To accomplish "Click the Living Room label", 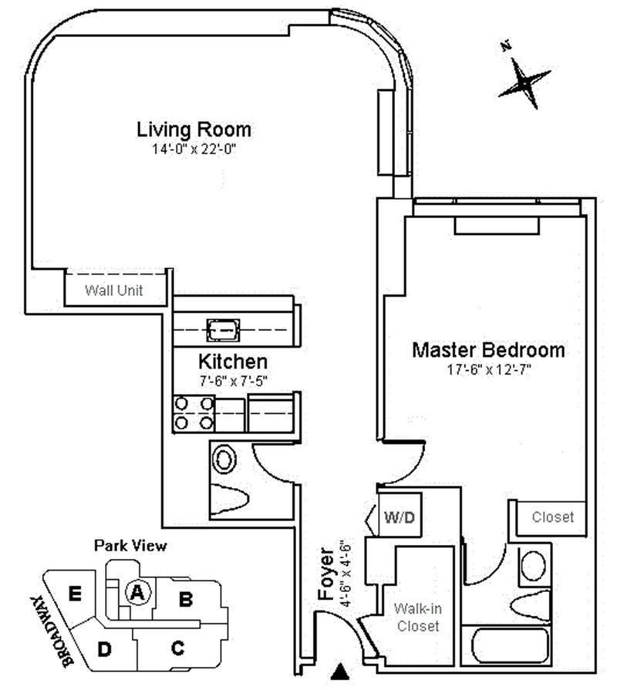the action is point(194,129).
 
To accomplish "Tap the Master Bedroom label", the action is point(488,350).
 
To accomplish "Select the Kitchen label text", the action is point(233,361).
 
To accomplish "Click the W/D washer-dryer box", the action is point(400,517).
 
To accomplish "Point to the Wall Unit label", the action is point(114,291).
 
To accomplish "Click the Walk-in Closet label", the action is point(417,617).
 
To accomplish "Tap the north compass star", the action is point(524,80).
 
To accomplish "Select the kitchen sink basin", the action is point(223,331).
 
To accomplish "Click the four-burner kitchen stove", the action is point(194,412).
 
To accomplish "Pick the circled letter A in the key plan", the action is point(138,592).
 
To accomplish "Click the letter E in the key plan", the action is point(75,594).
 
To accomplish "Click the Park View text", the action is point(130,546).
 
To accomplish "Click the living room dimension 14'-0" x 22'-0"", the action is point(194,149).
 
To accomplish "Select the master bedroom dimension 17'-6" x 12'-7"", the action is point(488,369).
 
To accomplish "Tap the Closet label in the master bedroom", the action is point(553,517).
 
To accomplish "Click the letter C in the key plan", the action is point(177,648).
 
